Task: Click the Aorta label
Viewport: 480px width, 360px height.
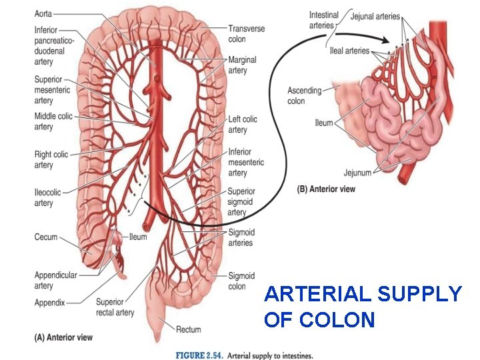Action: coord(43,14)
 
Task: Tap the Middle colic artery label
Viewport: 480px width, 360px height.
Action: coord(53,121)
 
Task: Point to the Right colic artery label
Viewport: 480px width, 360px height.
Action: coord(51,159)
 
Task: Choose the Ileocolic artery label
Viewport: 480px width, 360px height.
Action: coord(47,197)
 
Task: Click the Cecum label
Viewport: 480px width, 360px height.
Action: coord(46,237)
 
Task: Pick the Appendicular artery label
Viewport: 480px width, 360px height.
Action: coord(55,280)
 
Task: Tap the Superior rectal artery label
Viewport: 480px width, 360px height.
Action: coord(115,307)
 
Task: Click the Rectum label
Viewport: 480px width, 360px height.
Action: coord(189,329)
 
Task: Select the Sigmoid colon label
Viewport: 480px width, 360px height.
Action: coord(241,281)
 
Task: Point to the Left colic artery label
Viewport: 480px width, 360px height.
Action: coord(243,123)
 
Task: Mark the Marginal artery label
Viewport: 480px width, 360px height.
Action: coord(242,65)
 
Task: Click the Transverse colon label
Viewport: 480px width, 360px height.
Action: coord(247,33)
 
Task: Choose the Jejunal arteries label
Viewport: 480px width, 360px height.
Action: coord(375,16)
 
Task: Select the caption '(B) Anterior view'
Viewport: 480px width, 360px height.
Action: coord(325,189)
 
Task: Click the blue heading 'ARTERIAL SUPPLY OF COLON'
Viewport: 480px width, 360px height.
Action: coord(362,306)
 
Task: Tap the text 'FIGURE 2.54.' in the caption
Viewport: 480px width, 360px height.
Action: coord(198,355)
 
